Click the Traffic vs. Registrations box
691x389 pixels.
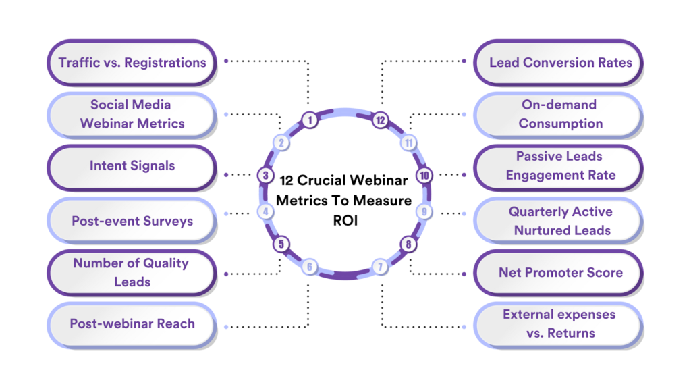[x=132, y=62]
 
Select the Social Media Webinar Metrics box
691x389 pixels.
[x=132, y=114]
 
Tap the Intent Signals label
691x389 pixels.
[x=132, y=165]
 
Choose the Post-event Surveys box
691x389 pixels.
[x=132, y=221]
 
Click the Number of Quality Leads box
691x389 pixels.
[x=132, y=272]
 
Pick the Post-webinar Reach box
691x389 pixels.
[x=132, y=323]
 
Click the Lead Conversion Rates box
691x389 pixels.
[x=560, y=62]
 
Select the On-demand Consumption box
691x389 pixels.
[x=560, y=114]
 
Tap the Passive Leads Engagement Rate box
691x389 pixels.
[x=560, y=165]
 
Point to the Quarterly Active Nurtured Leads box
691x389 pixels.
[x=560, y=221]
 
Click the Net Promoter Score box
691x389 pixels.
[x=560, y=272]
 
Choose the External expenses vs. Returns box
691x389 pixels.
[x=560, y=323]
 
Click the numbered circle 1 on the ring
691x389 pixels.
[x=310, y=120]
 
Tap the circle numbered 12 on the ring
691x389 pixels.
[x=381, y=120]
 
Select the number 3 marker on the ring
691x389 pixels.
[x=266, y=176]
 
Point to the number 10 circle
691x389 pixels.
[x=424, y=176]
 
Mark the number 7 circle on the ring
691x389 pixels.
[x=381, y=267]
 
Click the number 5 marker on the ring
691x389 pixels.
[x=281, y=244]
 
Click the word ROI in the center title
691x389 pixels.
[x=345, y=220]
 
